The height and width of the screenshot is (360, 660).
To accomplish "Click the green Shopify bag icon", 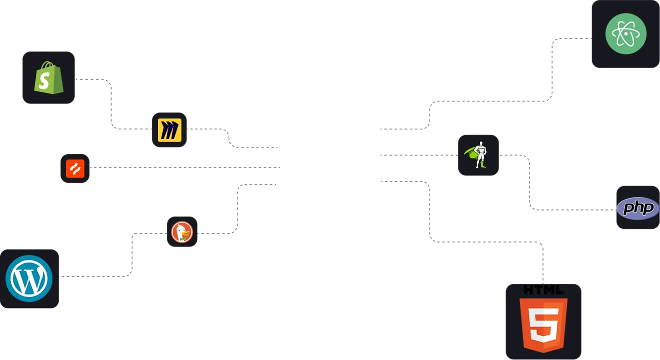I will (x=48, y=77).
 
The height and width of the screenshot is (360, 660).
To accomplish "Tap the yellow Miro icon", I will (x=169, y=130).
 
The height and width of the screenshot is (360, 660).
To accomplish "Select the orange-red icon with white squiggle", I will (x=75, y=168).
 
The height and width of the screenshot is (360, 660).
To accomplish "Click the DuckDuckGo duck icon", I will (x=181, y=232).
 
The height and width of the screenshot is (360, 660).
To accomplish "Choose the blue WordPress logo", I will (x=29, y=279).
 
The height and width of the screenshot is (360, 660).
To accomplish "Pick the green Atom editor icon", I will (x=625, y=34).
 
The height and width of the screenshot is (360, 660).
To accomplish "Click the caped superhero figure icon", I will (x=478, y=155).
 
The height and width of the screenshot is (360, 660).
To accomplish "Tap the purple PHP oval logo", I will (x=637, y=208).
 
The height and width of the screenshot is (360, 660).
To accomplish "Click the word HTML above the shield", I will (x=543, y=290).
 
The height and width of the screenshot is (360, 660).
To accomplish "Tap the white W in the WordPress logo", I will (x=29, y=279).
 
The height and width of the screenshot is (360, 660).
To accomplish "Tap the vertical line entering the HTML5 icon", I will (x=542, y=262).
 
